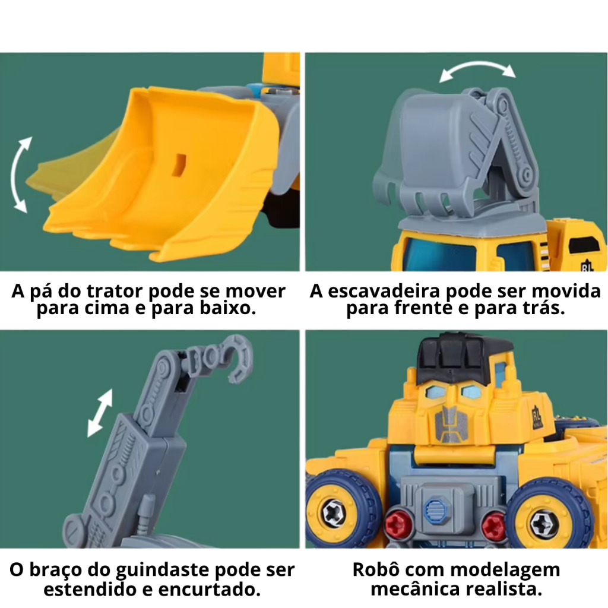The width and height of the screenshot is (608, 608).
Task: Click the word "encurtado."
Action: (x=210, y=590)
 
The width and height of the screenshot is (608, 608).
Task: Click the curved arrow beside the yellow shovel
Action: (x=16, y=175)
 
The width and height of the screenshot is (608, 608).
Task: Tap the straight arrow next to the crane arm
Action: (x=100, y=413)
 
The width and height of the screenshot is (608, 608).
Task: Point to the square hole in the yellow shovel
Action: (x=179, y=165)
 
